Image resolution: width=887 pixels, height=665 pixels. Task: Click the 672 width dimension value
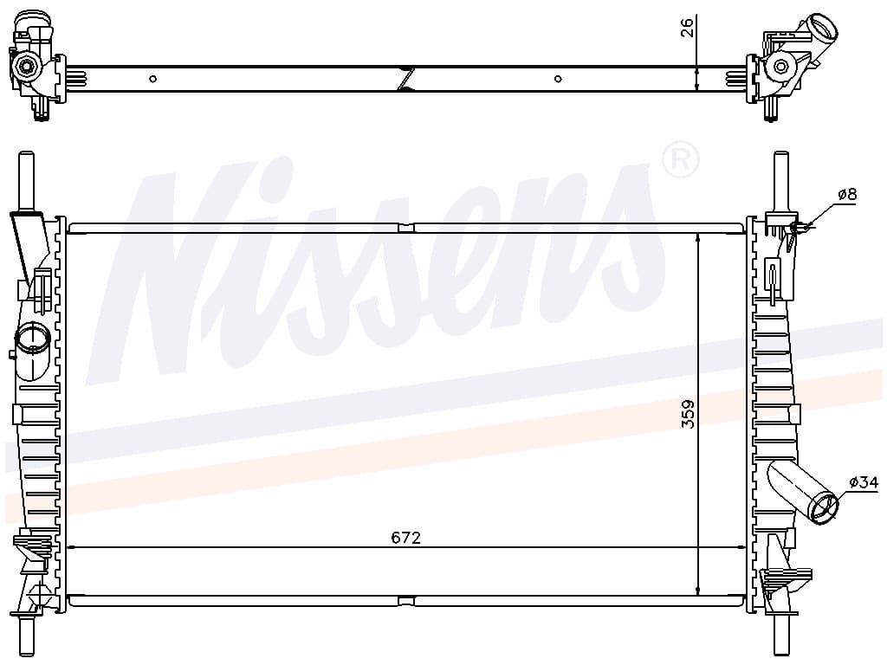coord(405,537)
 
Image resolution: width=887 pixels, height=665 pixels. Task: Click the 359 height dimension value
coord(687,414)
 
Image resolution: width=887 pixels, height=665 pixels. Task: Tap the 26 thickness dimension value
coord(686,27)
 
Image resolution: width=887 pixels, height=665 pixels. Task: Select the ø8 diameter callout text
coord(847,195)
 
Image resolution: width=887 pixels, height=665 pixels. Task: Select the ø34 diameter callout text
coord(864,482)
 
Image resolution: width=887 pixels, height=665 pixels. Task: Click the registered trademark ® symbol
coord(680,160)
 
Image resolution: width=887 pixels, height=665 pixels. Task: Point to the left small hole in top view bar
coord(152,79)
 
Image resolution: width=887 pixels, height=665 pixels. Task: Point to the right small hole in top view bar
coord(558,79)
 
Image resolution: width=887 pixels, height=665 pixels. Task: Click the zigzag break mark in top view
coord(407,79)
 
